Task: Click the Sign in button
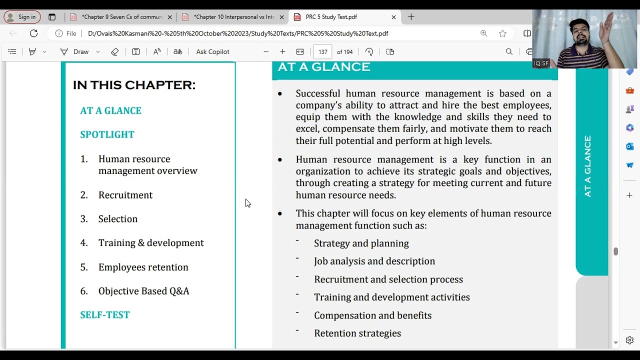22,17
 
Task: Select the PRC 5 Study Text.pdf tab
331,17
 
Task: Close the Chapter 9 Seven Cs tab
169,17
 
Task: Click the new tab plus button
411,17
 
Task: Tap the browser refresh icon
33,33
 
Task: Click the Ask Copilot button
212,51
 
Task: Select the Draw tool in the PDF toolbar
75,51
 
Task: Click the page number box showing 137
322,51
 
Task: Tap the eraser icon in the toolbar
114,51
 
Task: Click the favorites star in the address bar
502,33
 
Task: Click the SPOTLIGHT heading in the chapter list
107,134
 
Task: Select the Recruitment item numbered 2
125,195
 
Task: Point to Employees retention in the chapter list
143,267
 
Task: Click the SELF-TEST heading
104,315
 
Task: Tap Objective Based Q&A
143,291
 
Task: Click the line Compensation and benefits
372,315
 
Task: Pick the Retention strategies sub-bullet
357,333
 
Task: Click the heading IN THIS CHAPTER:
134,85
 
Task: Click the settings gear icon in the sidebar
629,340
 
